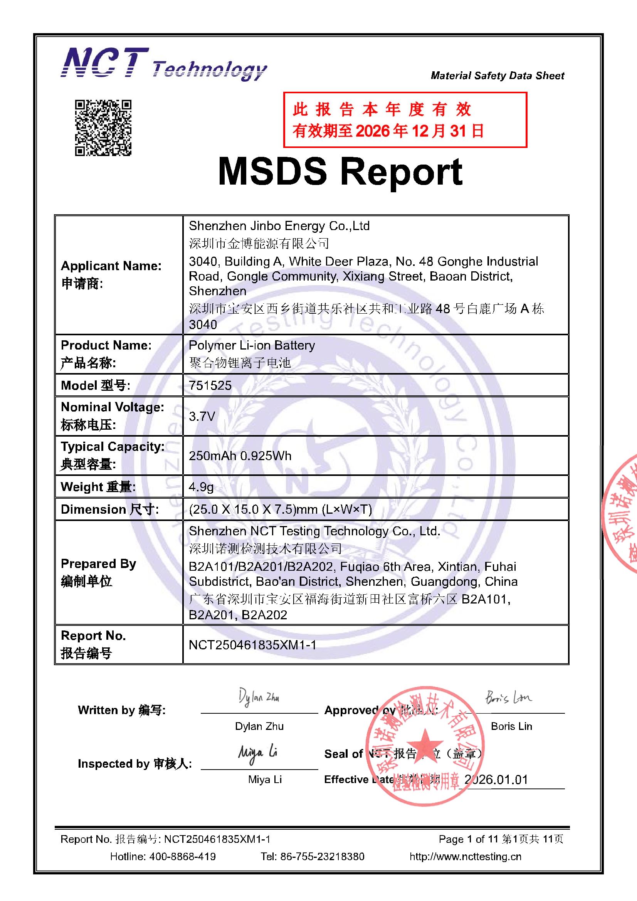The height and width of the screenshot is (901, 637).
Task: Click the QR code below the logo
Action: point(103,128)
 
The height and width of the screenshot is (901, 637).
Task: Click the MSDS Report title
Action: point(340,171)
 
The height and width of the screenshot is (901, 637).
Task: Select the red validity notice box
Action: point(405,120)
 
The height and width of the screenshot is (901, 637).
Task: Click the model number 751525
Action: point(210,385)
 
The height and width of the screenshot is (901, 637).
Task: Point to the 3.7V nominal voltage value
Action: point(202,416)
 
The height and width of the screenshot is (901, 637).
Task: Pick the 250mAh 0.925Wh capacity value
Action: point(240,456)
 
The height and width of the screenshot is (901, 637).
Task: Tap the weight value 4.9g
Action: point(201,487)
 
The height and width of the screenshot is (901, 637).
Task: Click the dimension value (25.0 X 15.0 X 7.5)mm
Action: point(280,509)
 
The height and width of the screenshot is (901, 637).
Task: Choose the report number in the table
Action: point(252,645)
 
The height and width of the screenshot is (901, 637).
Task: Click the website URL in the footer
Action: point(466,856)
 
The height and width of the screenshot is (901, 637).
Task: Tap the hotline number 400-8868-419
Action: point(182,856)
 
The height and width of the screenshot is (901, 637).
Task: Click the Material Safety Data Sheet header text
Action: point(497,76)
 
